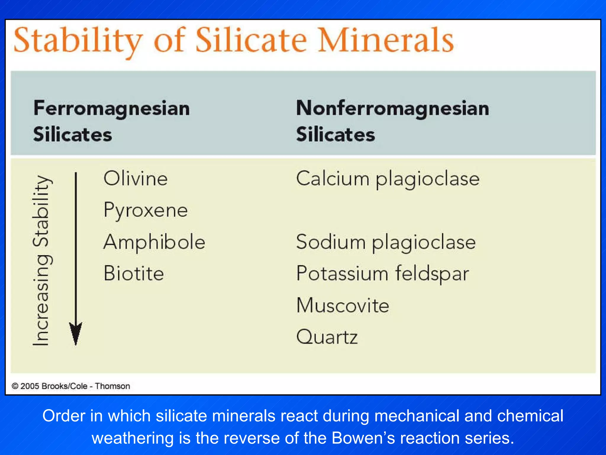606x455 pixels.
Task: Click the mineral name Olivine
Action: click(136, 179)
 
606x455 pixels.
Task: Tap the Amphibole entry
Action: click(154, 242)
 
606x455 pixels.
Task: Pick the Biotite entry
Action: click(134, 273)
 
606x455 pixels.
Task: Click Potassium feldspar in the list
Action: click(382, 273)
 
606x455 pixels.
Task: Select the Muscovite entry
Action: click(343, 305)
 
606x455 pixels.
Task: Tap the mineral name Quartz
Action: click(327, 337)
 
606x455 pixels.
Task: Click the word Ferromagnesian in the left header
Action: click(112, 108)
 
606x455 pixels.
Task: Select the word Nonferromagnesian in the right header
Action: click(392, 108)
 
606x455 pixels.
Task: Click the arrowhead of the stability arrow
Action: click(76, 333)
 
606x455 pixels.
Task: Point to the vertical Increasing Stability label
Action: click(41, 261)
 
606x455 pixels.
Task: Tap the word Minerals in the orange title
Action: click(385, 40)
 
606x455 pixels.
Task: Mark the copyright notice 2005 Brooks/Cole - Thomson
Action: click(71, 386)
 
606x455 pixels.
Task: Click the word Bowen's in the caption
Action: click(363, 438)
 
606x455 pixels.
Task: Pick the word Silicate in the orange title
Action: click(251, 40)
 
